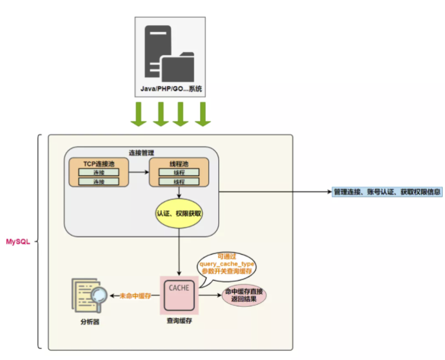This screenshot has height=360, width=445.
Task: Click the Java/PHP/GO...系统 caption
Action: (171, 89)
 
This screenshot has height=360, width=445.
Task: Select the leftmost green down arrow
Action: (138, 114)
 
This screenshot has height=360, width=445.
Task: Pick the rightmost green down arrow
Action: (203, 114)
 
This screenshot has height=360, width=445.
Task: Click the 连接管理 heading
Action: (141, 153)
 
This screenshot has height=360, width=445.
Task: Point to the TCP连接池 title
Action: (99, 164)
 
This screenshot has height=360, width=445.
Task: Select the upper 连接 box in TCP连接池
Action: (99, 172)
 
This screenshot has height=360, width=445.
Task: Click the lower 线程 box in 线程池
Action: (179, 181)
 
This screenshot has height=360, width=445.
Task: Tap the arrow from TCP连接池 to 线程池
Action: (139, 172)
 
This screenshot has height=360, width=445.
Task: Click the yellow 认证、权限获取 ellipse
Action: (179, 213)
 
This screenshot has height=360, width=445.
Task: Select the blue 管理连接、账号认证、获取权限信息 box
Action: (387, 192)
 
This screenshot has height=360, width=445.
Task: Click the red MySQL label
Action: (18, 242)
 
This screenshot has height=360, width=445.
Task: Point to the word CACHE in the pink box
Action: (179, 288)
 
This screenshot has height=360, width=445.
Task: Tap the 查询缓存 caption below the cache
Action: (180, 321)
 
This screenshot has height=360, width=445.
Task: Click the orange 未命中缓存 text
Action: (135, 296)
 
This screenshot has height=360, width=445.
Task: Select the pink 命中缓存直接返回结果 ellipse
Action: (244, 295)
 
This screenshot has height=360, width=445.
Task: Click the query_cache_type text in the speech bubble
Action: (227, 264)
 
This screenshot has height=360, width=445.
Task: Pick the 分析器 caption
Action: (90, 322)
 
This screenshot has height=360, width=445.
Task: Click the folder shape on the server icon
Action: (178, 67)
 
